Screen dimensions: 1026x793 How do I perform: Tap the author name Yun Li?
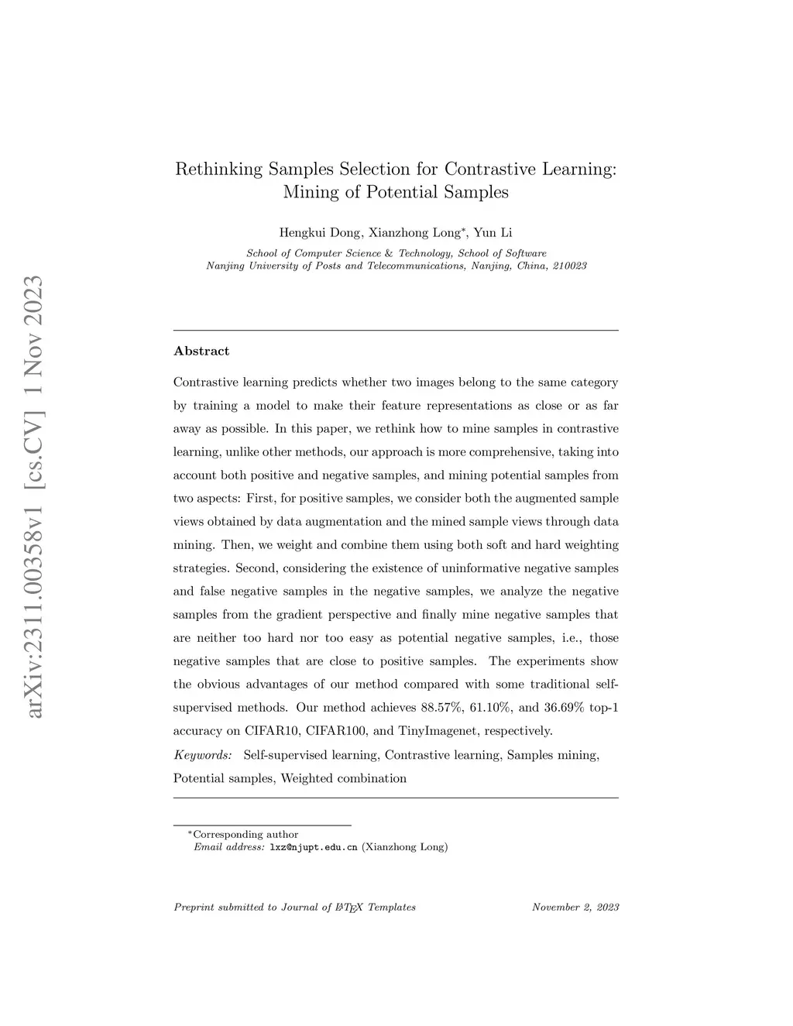(493, 232)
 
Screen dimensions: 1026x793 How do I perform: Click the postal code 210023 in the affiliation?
(570, 266)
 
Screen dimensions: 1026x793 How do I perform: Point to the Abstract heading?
(201, 352)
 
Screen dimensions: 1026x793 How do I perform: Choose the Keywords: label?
(203, 754)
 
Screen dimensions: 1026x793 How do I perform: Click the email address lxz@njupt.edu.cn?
(313, 847)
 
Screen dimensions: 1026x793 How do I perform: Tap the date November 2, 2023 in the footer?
(575, 908)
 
